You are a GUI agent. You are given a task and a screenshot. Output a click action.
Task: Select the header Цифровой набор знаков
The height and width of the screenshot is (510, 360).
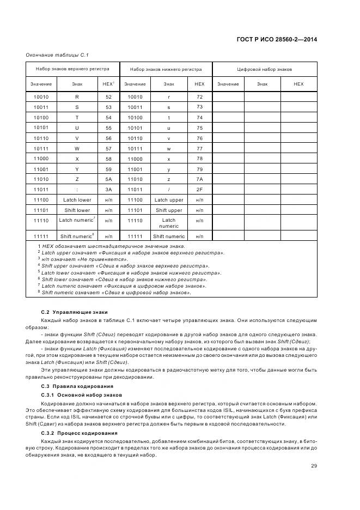click(264, 70)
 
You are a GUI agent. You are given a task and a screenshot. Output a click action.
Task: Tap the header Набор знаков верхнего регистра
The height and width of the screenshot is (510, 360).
click(72, 69)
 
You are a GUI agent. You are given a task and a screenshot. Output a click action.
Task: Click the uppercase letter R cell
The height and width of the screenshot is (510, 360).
click(77, 97)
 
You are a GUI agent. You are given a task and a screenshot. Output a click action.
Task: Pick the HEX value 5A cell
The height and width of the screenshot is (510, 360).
click(108, 179)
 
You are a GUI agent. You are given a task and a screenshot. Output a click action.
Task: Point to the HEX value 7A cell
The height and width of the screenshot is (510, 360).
click(199, 179)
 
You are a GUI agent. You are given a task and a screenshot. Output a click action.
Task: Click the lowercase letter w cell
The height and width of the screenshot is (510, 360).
click(169, 148)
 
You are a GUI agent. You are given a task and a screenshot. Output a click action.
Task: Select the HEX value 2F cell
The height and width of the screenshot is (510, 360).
click(199, 190)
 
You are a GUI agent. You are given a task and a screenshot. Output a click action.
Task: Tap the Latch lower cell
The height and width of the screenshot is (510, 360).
click(77, 200)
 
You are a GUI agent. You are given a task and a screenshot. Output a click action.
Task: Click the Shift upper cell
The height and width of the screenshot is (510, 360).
click(169, 210)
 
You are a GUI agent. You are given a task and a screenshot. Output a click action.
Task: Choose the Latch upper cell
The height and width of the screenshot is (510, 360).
click(169, 200)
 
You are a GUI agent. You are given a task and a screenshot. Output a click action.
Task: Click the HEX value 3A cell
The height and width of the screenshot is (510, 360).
click(108, 190)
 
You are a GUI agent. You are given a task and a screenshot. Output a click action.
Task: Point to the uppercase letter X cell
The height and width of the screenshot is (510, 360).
click(77, 159)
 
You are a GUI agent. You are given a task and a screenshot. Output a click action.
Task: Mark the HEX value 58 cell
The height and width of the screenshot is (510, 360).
click(108, 159)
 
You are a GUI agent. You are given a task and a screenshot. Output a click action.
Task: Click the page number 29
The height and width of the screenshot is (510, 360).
click(314, 465)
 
